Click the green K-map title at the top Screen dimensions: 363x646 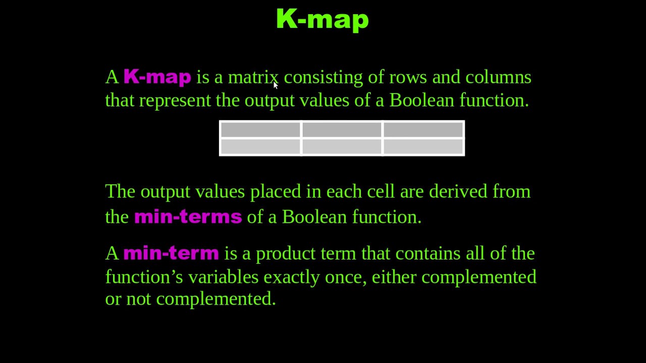[x=322, y=19]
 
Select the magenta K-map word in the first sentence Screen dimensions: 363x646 [x=157, y=77]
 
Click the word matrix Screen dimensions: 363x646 [x=252, y=77]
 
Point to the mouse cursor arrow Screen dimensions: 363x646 [x=275, y=85]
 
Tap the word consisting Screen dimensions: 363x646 [x=323, y=77]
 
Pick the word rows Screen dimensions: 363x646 [x=408, y=77]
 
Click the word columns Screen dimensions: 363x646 [x=498, y=77]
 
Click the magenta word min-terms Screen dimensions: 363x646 [x=188, y=217]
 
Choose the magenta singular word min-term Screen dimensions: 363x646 [x=171, y=253]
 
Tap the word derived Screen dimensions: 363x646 [x=458, y=192]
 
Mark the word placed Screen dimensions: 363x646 [x=275, y=192]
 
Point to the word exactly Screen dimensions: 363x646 [x=292, y=277]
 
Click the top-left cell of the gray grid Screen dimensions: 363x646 [x=260, y=130]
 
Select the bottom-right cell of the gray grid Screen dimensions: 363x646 [x=423, y=147]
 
